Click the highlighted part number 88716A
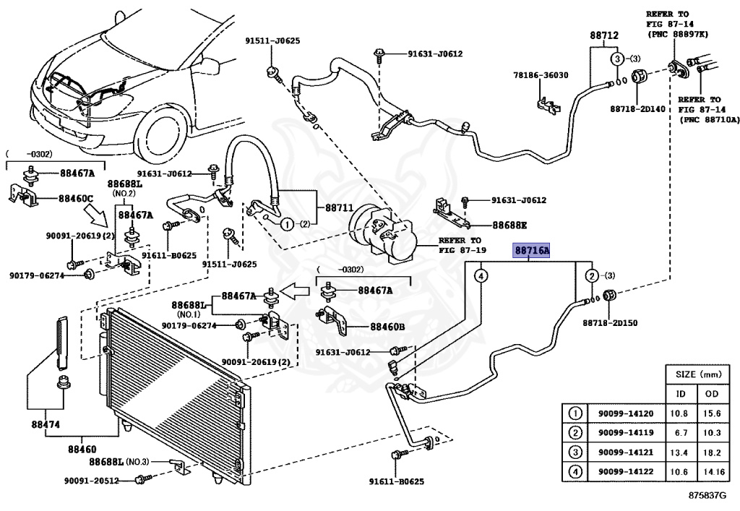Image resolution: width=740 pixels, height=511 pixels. [532, 250]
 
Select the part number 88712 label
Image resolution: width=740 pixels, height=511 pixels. [603, 35]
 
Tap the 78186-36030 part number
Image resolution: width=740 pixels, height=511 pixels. [541, 75]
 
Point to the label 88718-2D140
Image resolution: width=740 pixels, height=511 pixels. [637, 109]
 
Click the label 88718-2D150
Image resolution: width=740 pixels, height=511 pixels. [610, 323]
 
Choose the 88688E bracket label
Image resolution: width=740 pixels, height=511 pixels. [509, 225]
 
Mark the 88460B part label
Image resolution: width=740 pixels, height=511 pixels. [387, 326]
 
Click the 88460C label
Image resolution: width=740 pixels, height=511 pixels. [76, 199]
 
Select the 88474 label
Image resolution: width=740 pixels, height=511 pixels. [46, 424]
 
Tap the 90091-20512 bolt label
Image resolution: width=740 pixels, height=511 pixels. [92, 481]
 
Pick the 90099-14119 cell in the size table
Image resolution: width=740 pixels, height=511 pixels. [626, 433]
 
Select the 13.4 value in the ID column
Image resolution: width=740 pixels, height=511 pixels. [679, 452]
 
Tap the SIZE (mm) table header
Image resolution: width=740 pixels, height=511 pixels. [699, 374]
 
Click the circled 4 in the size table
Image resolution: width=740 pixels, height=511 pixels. [575, 471]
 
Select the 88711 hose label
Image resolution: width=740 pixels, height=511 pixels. [339, 207]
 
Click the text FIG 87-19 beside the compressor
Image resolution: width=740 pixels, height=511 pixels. [462, 250]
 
